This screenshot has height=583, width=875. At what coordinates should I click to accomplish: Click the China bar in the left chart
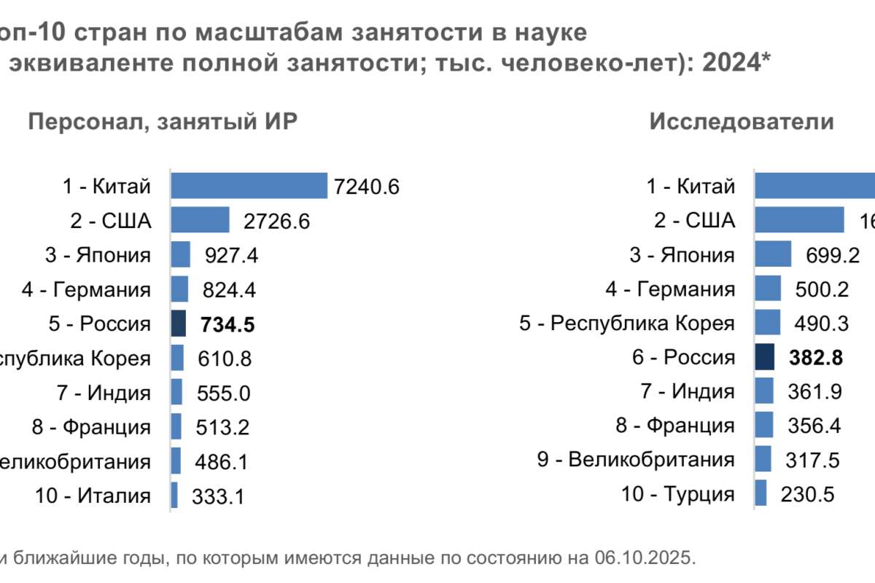[x=249, y=186]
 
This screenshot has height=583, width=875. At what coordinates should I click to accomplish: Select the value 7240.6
[x=367, y=187]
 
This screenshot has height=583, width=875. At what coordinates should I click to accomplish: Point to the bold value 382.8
[x=816, y=358]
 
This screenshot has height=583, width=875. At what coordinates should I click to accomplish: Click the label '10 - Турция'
[x=677, y=494]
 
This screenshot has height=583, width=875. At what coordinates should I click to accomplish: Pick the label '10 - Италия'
[x=93, y=496]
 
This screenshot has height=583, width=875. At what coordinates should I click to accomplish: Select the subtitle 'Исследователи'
[x=742, y=122]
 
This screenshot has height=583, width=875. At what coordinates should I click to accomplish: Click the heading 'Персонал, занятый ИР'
[x=163, y=122]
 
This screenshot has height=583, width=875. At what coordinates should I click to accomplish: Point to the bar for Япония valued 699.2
[x=773, y=254]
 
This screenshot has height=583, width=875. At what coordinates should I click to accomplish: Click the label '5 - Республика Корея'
[x=626, y=323]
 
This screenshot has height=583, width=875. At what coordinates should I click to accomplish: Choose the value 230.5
[x=807, y=495]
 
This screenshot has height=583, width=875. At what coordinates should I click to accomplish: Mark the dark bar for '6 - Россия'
[x=764, y=357]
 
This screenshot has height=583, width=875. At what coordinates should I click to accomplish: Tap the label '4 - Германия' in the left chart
[x=86, y=289]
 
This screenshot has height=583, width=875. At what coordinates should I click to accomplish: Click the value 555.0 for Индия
[x=224, y=394]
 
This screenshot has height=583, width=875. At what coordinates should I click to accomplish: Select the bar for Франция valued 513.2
[x=176, y=427]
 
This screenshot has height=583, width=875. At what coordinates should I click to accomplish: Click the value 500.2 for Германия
[x=822, y=289]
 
